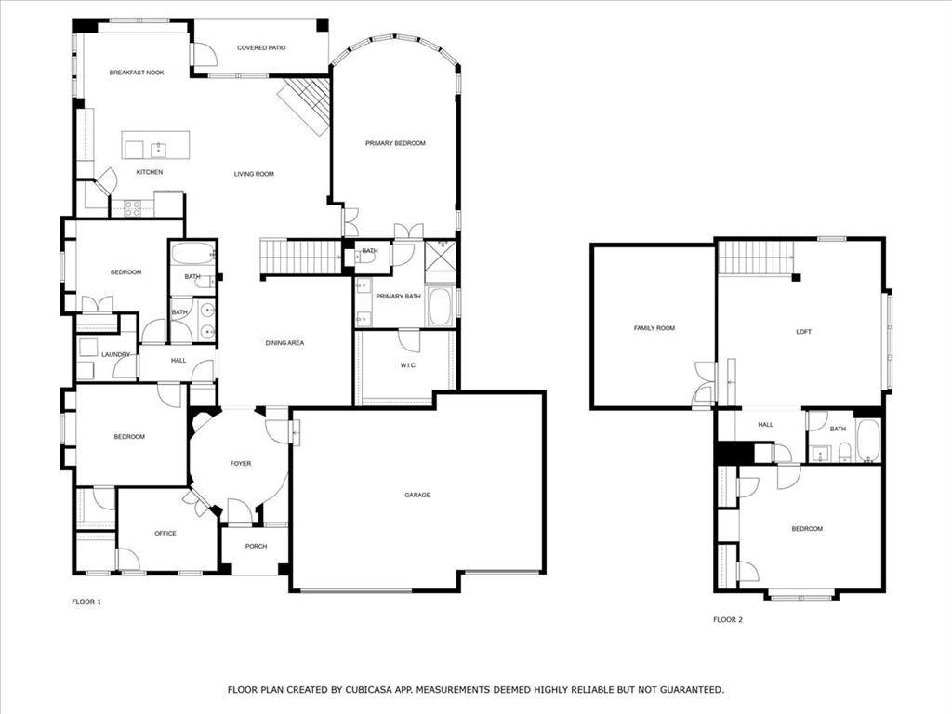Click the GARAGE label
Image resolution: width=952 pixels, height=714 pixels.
tap(417, 495)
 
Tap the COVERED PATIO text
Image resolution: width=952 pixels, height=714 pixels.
tap(261, 47)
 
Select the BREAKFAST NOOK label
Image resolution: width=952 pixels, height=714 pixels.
tap(136, 72)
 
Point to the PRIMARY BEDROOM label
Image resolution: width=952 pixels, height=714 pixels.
tap(395, 142)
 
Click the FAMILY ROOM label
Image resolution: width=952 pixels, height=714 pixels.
tap(654, 327)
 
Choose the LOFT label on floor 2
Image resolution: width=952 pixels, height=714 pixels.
tap(804, 331)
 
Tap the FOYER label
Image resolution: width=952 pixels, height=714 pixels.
tap(241, 463)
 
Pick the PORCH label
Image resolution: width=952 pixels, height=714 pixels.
tap(256, 546)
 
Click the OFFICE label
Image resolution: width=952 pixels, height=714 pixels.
tap(165, 533)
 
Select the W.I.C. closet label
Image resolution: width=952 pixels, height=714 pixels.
tap(408, 365)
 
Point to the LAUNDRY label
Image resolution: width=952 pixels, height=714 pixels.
tap(115, 354)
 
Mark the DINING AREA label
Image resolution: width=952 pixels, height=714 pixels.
tap(284, 343)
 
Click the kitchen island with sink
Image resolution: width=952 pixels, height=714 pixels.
tap(155, 145)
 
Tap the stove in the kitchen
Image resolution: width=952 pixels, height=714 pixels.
tap(132, 207)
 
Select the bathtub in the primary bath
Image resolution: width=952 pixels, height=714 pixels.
tap(439, 306)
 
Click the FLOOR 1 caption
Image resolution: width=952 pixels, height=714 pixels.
tap(86, 602)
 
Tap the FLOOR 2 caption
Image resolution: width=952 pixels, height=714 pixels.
tap(728, 619)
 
